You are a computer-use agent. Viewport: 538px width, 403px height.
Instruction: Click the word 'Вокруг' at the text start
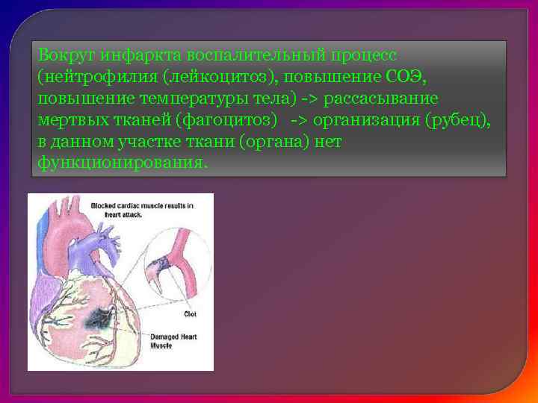(x=64, y=56)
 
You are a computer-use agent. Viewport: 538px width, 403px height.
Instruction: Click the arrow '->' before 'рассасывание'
(x=309, y=99)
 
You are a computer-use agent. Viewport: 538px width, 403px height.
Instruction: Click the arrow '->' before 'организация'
(x=300, y=121)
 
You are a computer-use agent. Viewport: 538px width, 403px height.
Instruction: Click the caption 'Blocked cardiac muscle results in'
(x=142, y=205)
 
